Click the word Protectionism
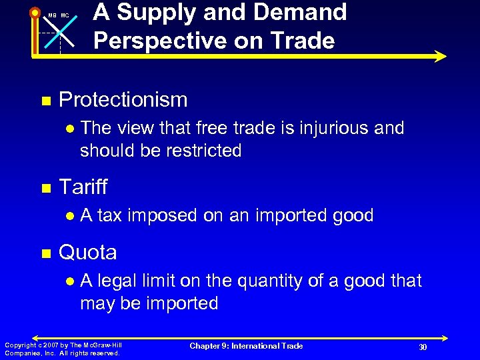(x=123, y=100)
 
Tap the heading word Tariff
(x=83, y=187)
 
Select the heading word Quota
(x=88, y=252)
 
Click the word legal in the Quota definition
(x=119, y=281)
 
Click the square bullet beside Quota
(x=46, y=253)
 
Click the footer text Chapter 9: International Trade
(x=246, y=345)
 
